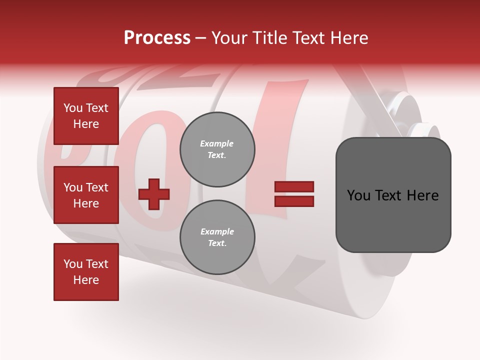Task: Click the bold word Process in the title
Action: point(157,38)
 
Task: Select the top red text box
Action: point(86,116)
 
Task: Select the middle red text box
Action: point(86,195)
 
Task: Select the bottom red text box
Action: point(86,272)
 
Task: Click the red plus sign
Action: point(154,194)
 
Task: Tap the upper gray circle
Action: point(217,149)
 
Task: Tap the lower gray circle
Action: point(217,237)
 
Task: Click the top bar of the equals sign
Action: point(294,187)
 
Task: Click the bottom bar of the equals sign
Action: point(294,201)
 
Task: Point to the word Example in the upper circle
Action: point(217,143)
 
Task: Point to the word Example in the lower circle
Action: point(217,231)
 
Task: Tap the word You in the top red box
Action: point(73,108)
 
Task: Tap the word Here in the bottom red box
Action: point(86,280)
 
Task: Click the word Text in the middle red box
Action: point(97,187)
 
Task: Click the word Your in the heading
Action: point(230,38)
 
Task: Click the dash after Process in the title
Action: point(201,38)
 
